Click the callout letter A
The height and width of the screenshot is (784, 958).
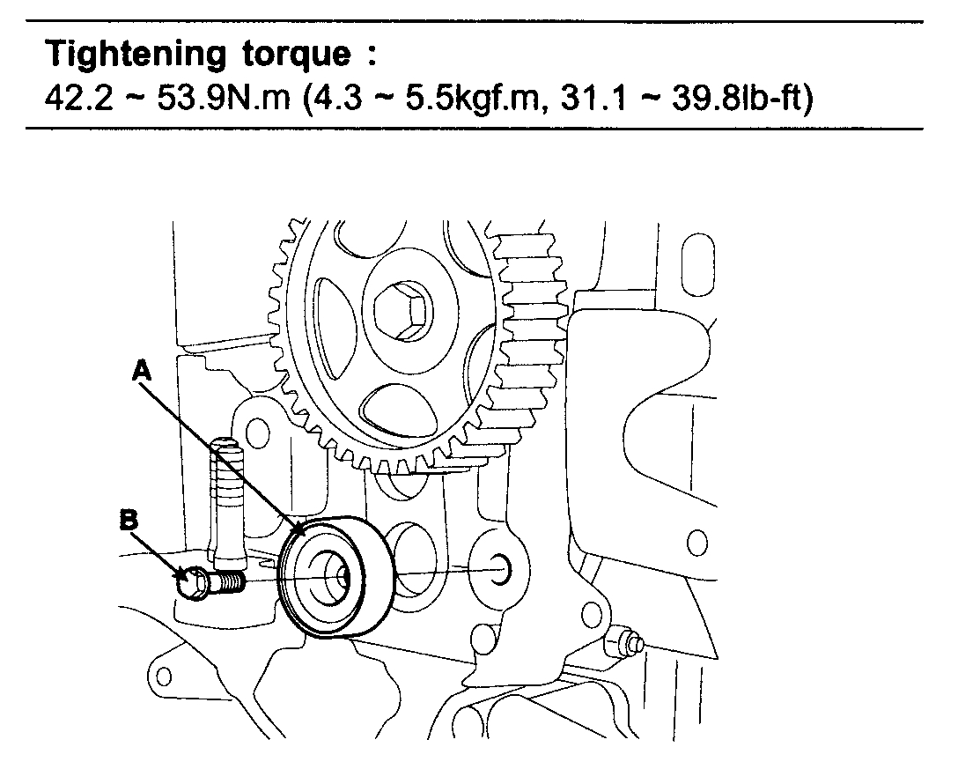(142, 374)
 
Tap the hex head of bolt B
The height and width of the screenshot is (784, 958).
(192, 582)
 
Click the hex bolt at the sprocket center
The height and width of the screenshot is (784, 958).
(401, 310)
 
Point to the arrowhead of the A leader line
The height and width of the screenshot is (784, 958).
(302, 531)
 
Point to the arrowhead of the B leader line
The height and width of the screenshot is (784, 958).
(186, 576)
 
